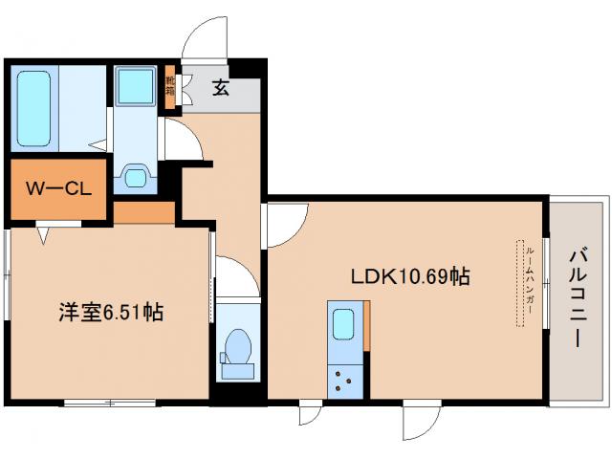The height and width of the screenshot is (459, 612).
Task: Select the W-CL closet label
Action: [58, 188]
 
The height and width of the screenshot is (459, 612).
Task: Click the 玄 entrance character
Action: [221, 89]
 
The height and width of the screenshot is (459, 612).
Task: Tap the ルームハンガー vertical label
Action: [529, 284]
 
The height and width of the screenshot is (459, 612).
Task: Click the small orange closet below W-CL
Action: [144, 211]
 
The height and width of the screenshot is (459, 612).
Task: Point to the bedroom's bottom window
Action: [109, 403]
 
